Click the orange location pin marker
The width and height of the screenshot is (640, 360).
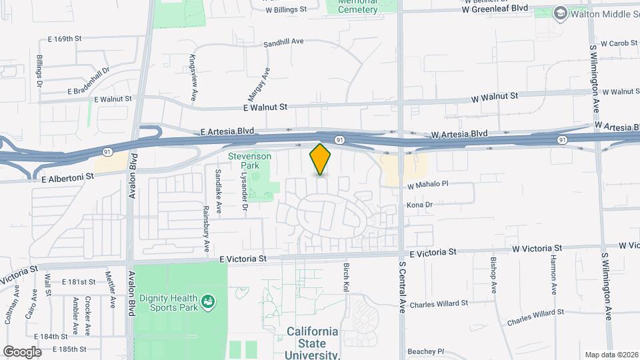pyautogui.click(x=321, y=159)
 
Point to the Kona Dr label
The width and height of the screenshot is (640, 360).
pyautogui.click(x=419, y=205)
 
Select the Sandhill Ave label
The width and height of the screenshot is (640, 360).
pyautogui.click(x=283, y=41)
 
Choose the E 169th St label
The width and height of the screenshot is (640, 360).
pyautogui.click(x=63, y=39)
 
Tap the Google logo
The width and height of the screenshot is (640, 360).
pyautogui.click(x=22, y=351)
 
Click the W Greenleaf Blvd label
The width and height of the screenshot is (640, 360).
pyautogui.click(x=495, y=8)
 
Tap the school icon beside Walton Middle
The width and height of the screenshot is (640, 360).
pyautogui.click(x=561, y=13)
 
